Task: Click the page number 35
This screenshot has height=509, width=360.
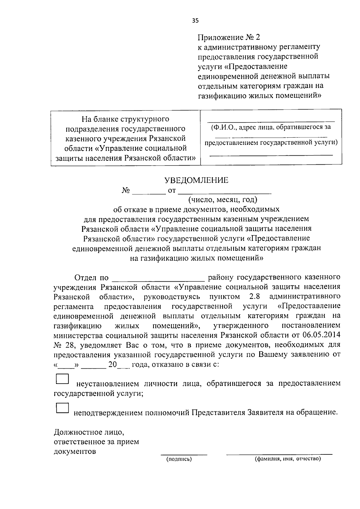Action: click(195, 21)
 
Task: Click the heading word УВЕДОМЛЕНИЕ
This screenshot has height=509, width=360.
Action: click(196, 180)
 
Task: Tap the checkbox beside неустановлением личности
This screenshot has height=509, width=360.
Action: click(62, 379)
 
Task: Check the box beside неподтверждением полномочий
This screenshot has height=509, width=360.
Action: click(62, 408)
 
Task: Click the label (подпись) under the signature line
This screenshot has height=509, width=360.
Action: click(179, 459)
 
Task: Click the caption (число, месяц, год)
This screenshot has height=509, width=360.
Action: click(223, 199)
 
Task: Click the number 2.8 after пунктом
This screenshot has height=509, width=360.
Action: click(254, 297)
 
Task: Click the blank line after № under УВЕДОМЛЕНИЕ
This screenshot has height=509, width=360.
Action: click(149, 194)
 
